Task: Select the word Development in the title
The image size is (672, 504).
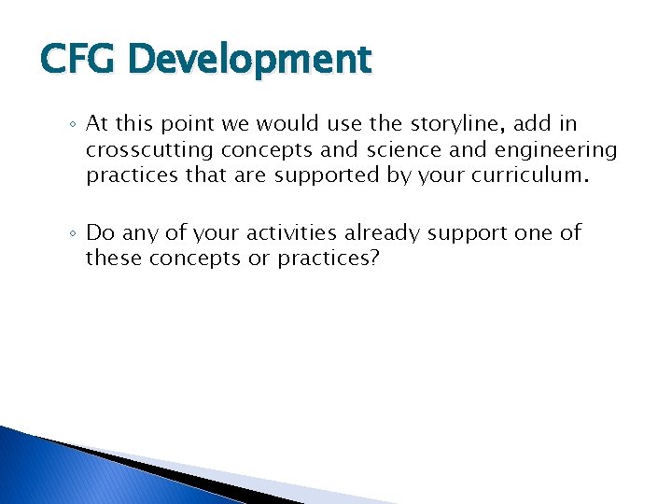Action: click(250, 60)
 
